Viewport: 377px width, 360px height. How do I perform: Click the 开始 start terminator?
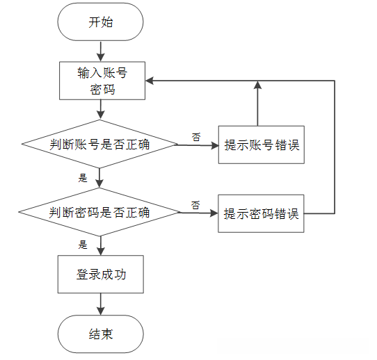(101, 23)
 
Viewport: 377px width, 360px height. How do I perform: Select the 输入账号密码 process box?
(101, 80)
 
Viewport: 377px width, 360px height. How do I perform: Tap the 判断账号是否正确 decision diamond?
(101, 145)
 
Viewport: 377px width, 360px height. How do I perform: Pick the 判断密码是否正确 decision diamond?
(101, 212)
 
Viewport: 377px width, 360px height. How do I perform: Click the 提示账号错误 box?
(262, 145)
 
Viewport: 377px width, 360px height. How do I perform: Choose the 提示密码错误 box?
(262, 213)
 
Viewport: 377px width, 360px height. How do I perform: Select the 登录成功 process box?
(101, 275)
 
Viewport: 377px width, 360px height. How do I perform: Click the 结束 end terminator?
(101, 334)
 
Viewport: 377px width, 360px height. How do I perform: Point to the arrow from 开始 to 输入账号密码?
(101, 50)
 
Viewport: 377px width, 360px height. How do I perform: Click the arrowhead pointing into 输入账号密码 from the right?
(150, 81)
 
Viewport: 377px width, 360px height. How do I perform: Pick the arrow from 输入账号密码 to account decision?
(101, 109)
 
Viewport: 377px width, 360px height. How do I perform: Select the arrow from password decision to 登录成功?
(101, 245)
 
